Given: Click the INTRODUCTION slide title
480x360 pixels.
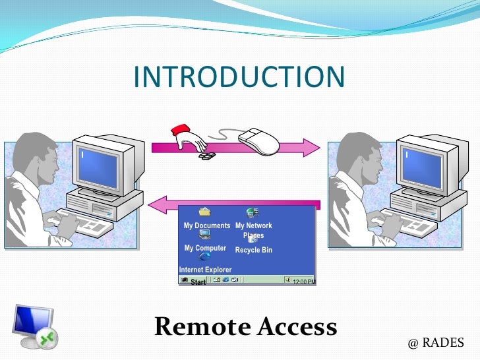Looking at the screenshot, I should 239,77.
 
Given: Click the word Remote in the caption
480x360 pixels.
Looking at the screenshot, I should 202,327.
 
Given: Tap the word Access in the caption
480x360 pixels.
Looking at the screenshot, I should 296,327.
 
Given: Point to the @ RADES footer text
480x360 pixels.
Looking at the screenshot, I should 436,343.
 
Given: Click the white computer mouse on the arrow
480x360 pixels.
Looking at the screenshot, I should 258,140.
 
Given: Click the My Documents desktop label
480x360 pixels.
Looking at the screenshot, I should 206,225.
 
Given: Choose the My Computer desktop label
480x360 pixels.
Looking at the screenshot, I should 205,249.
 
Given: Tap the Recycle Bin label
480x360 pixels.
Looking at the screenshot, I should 253,251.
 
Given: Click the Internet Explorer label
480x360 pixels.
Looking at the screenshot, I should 205,270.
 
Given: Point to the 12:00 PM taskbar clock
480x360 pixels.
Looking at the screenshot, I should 303,282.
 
